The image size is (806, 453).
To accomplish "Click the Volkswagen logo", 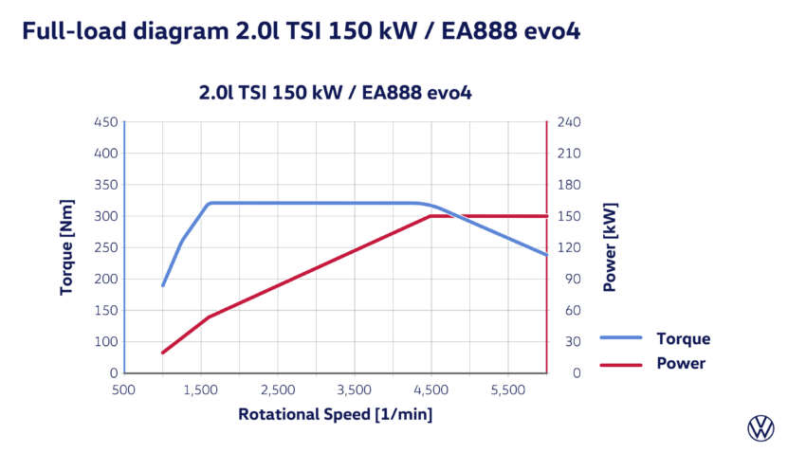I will (x=760, y=427).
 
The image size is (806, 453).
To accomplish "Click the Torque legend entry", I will (x=682, y=338).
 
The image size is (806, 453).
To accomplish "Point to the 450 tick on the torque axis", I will (x=106, y=122).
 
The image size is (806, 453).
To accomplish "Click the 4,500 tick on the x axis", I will (x=431, y=390).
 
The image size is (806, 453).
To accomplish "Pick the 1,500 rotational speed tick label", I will (x=200, y=390).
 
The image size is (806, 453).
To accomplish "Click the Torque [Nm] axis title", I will (x=66, y=246).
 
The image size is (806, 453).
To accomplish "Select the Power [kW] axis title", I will (x=610, y=246).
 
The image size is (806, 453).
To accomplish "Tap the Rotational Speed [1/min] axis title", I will (x=336, y=414).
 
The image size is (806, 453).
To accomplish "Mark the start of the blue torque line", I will (x=163, y=285).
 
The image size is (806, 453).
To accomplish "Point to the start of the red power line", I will (x=163, y=353).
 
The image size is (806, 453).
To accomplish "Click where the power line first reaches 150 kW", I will (x=431, y=216).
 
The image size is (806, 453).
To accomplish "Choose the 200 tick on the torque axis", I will (x=106, y=279).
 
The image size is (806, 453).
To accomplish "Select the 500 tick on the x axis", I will (x=123, y=390).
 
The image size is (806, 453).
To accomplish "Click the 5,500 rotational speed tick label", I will (x=508, y=390).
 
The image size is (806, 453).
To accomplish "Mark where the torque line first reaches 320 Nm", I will (x=210, y=203).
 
